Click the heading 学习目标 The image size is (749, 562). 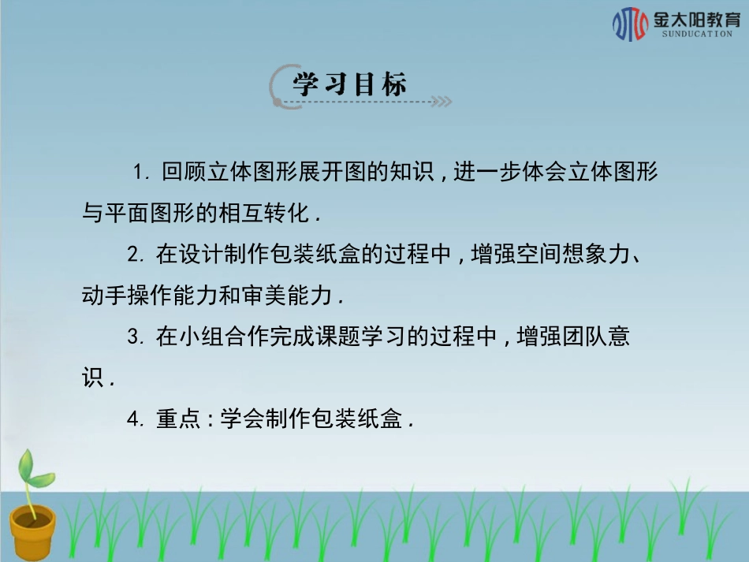click(349, 84)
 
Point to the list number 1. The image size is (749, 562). click(140, 172)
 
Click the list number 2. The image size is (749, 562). click(135, 255)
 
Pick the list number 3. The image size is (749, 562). click(135, 337)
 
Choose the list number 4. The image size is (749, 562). click(135, 420)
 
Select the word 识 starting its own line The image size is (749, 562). click(93, 378)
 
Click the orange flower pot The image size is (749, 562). click(32, 531)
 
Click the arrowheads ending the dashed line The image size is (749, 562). click(444, 102)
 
